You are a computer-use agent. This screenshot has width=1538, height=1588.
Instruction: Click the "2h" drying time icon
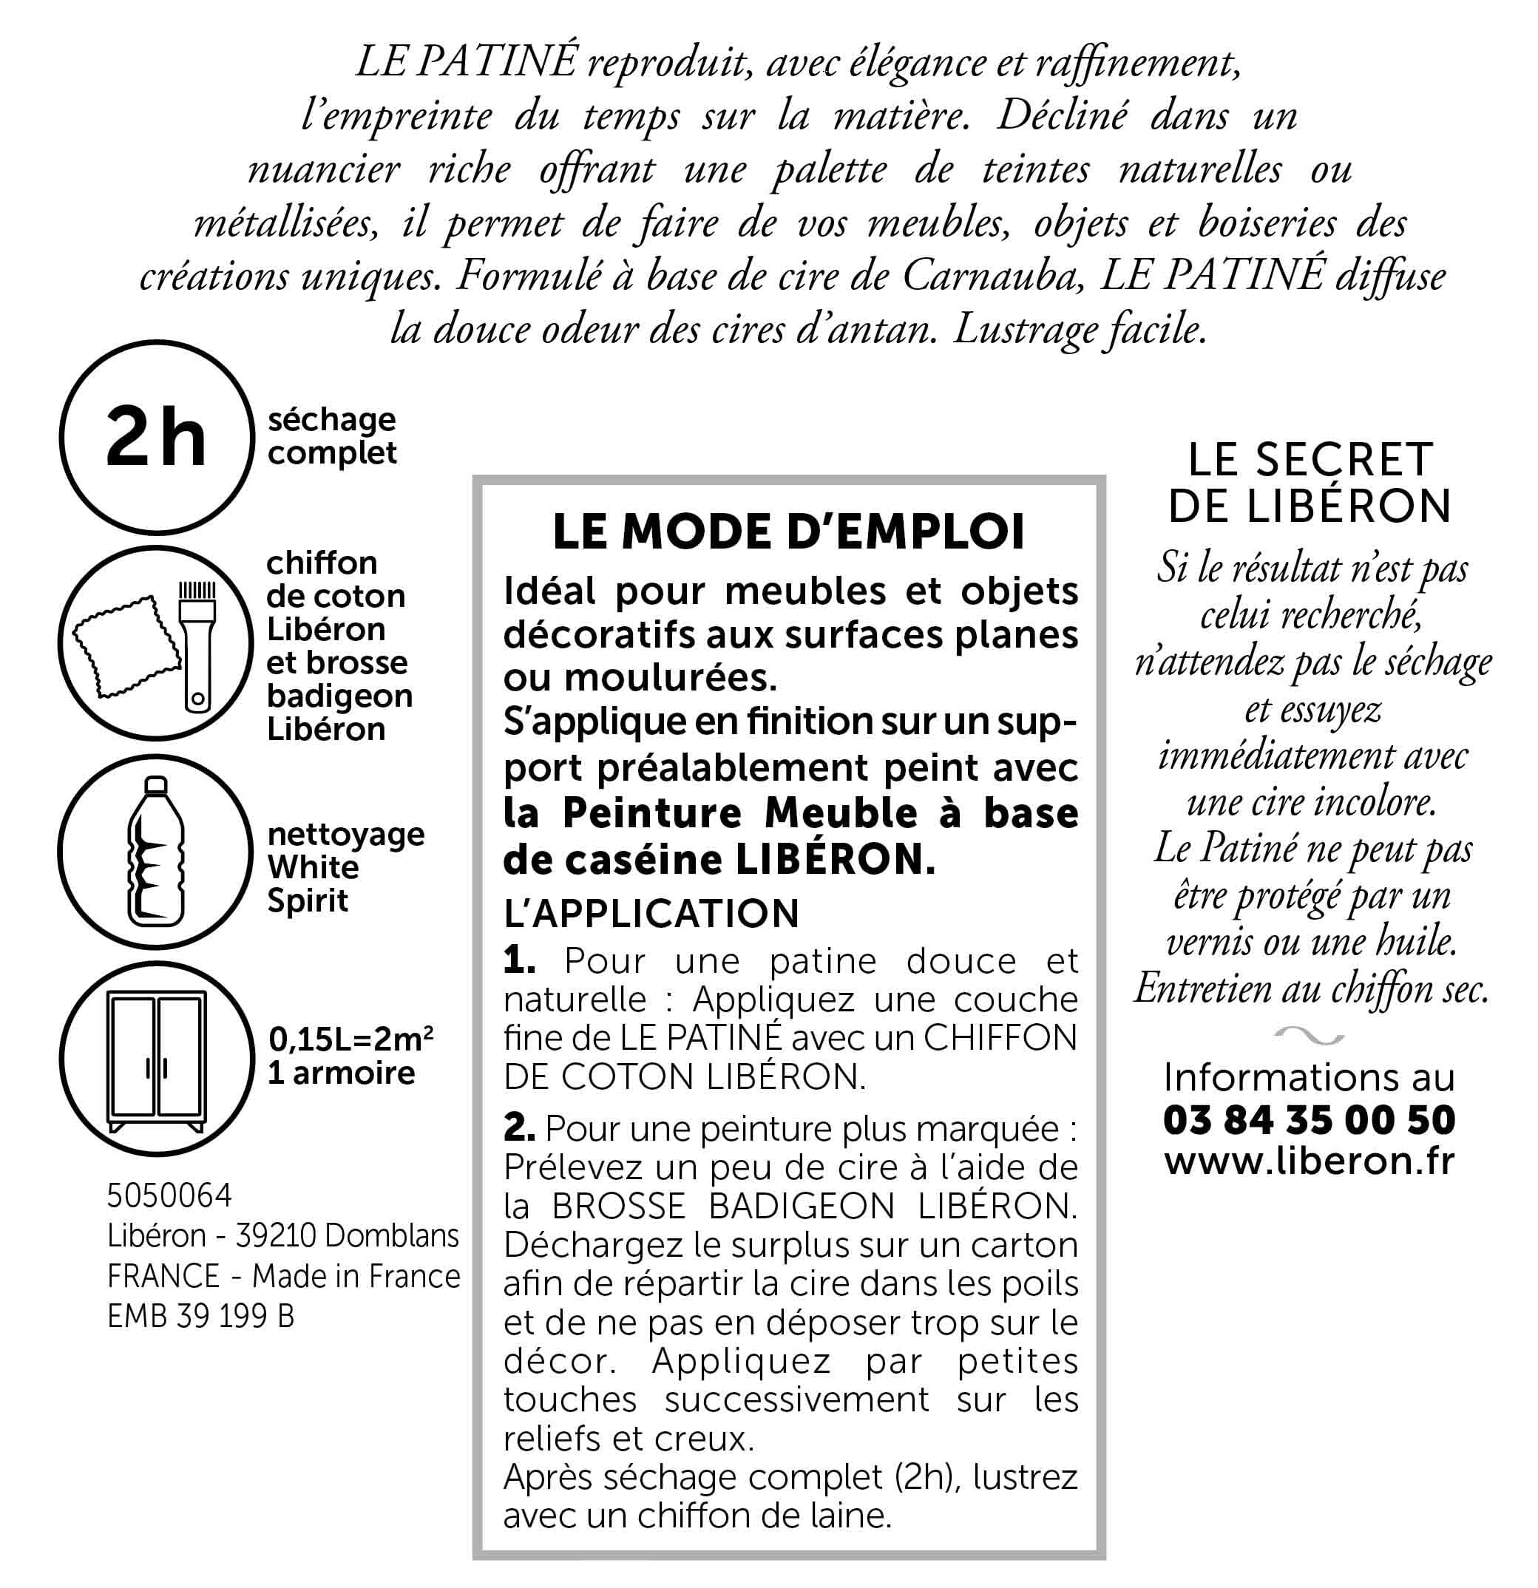157,438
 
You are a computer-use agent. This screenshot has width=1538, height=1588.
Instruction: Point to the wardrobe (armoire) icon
157,1059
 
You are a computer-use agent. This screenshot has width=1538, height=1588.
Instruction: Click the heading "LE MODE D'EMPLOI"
788,532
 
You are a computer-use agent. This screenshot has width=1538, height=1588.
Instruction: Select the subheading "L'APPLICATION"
651,913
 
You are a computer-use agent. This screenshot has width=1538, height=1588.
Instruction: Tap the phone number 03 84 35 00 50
1309,1120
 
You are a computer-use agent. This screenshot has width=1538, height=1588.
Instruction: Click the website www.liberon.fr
1309,1161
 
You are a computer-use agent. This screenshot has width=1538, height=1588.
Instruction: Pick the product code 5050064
169,1195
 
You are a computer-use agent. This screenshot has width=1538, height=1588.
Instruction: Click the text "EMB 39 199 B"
200,1317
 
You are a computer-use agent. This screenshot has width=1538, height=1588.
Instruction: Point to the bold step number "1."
518,961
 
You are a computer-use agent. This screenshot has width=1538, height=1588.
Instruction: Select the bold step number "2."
519,1128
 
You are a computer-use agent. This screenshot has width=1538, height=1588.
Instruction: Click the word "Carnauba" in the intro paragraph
992,276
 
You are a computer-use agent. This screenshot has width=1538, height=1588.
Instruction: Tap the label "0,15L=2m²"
350,1038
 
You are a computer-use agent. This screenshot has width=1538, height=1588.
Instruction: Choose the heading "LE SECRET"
1310,460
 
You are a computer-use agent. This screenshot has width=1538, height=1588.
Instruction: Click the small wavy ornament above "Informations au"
1309,1034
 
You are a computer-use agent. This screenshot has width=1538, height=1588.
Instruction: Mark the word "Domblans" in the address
391,1235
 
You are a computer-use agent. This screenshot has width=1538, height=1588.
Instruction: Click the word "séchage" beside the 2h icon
331,420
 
